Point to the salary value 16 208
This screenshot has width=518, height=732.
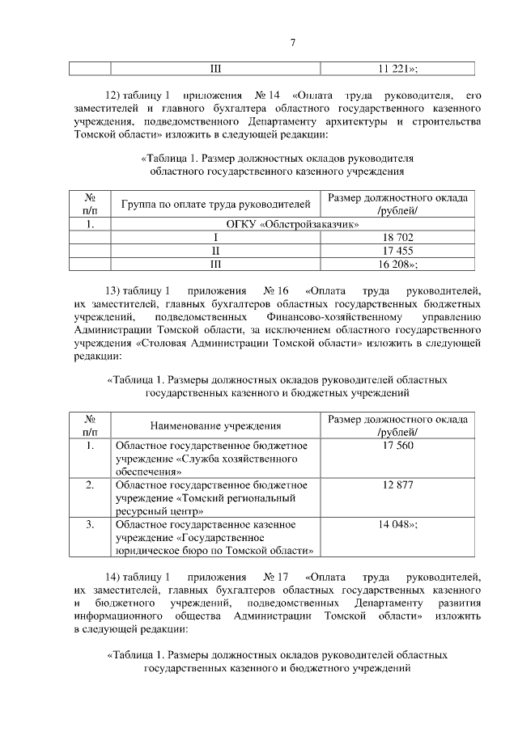(397, 264)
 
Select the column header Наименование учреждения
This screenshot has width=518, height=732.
(216, 425)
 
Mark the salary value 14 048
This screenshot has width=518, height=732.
(397, 525)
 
